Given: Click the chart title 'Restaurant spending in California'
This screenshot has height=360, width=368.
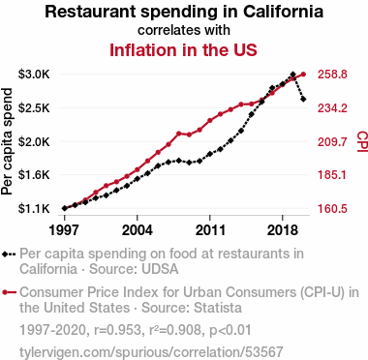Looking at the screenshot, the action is [184, 12].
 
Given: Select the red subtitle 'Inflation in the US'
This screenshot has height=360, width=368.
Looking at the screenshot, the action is [183, 50].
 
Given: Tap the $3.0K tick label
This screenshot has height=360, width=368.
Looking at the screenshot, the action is [34, 75].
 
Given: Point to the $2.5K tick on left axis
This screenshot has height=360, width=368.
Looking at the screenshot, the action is [34, 108].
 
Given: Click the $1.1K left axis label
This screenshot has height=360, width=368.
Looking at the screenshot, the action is [34, 209].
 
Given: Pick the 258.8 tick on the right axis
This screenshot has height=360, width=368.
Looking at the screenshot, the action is [332, 75].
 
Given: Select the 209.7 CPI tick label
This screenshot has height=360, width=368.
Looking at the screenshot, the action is [332, 141].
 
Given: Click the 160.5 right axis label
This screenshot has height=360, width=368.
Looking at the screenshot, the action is [332, 209].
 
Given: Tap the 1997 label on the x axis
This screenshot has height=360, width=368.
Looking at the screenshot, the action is [64, 230].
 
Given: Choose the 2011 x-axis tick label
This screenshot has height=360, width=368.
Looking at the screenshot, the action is [210, 230].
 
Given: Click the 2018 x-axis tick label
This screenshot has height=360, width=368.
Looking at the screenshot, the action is [283, 230].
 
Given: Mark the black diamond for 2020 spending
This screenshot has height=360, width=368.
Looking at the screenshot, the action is [303, 99].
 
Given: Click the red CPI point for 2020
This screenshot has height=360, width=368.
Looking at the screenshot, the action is [303, 75].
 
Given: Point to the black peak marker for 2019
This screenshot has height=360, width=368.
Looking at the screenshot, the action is [293, 75].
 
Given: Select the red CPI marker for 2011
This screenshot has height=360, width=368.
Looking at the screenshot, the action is [210, 120].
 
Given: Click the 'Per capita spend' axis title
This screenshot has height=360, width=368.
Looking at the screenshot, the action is [7, 141].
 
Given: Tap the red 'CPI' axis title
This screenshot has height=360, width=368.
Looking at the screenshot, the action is [362, 141].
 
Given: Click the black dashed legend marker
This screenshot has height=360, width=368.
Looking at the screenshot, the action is [9, 255].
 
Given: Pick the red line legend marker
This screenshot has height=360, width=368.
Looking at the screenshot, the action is [9, 292].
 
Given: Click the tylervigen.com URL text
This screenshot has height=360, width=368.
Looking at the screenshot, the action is [151, 352].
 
